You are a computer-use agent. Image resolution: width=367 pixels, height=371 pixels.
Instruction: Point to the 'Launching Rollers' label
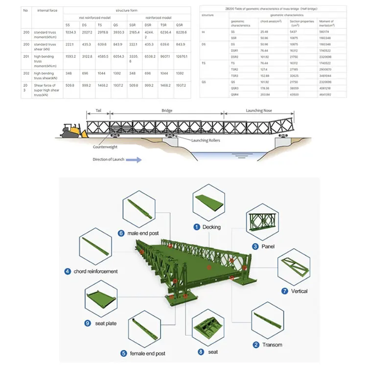click(x=206, y=140)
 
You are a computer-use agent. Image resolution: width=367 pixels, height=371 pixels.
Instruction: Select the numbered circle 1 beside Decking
click(x=196, y=227)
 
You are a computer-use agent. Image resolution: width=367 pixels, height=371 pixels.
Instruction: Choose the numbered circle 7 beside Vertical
click(x=285, y=291)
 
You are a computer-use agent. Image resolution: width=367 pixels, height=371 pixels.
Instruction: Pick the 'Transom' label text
click(x=272, y=345)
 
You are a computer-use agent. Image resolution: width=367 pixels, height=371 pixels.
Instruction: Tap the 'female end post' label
click(x=147, y=353)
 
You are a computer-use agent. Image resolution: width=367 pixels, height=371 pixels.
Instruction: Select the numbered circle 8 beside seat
click(x=201, y=352)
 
